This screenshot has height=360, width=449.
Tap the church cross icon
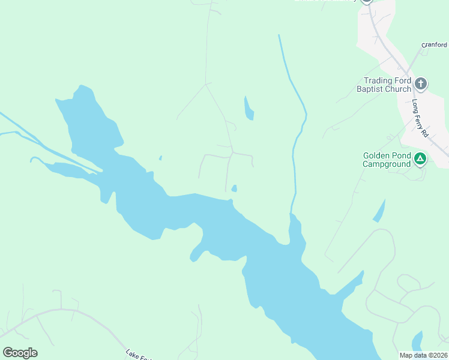[421, 83]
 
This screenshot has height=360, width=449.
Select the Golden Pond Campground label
[387, 159]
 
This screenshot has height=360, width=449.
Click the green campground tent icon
[421, 159]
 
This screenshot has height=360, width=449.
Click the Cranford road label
[434, 44]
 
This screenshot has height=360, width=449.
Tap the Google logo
[20, 353]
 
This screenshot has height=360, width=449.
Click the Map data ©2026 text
[423, 355]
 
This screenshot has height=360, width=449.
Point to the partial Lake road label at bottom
[139, 355]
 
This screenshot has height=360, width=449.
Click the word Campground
[387, 163]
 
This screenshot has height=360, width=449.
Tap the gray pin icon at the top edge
[366, 1]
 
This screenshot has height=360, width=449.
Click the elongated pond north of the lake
[249, 109]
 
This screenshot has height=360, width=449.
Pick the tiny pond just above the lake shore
[234, 188]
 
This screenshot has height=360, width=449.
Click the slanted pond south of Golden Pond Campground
[379, 211]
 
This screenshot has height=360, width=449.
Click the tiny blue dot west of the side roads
[160, 158]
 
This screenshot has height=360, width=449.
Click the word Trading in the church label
[378, 80]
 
